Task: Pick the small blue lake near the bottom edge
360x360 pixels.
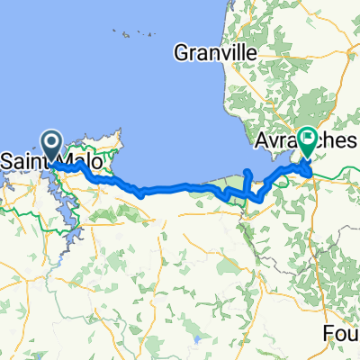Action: (x=195, y=342)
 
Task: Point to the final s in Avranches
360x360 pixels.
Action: (x=355, y=142)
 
